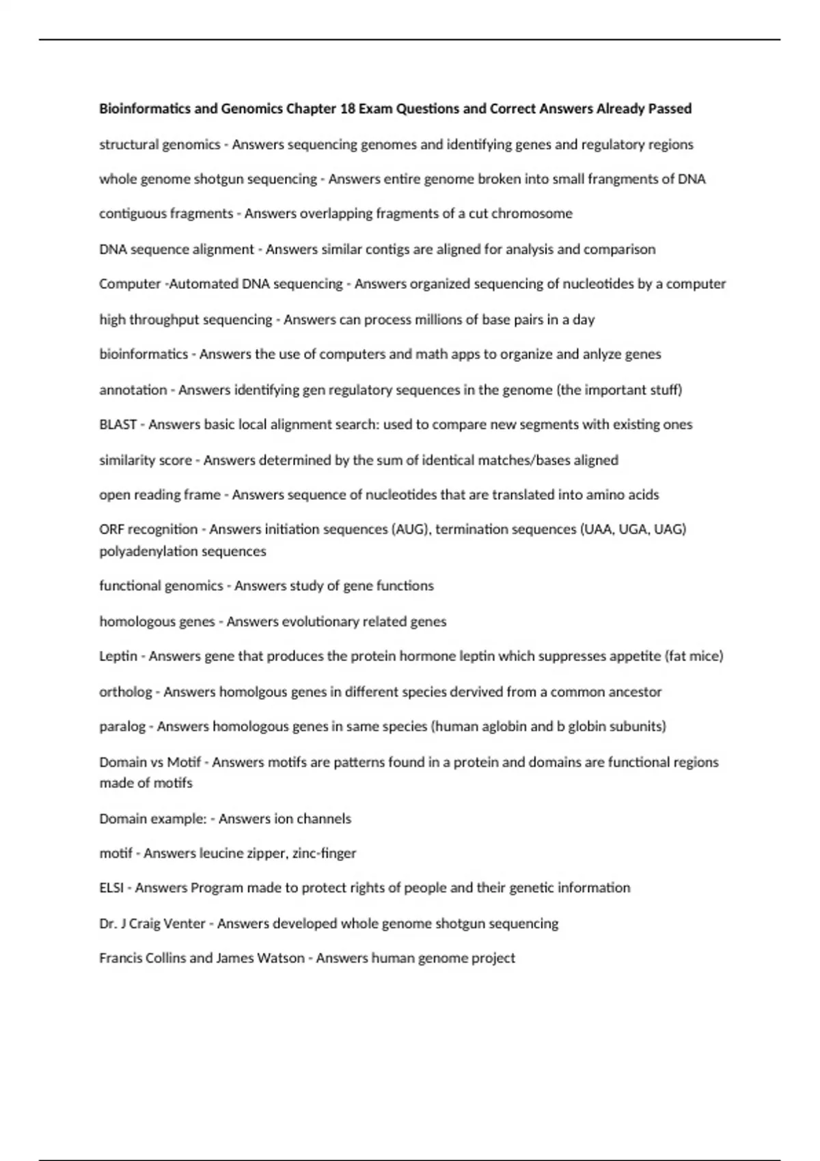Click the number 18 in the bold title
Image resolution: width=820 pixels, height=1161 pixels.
pos(347,109)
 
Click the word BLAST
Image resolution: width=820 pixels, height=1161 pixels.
pos(118,425)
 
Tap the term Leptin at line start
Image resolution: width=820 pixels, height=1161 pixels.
pos(118,656)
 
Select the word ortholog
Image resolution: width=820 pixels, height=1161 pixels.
pos(125,692)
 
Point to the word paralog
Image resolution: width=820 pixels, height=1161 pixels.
pos(122,727)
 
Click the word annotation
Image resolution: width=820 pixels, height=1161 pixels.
pos(133,390)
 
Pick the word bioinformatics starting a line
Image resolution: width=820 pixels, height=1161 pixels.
pos(143,354)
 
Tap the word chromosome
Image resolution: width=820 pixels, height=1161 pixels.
pos(532,214)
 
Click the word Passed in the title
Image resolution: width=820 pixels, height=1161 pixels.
pos(670,109)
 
